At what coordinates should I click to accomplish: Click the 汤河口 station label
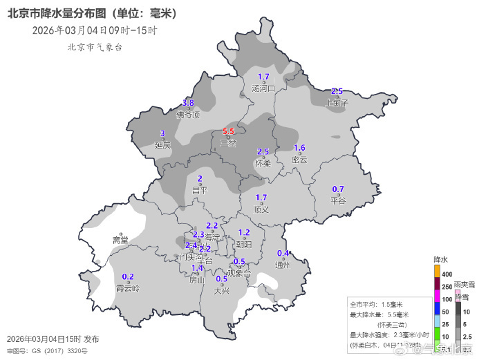click(x=263, y=88)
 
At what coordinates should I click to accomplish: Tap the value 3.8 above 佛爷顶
click(x=188, y=103)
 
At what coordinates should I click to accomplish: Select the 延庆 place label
click(x=162, y=145)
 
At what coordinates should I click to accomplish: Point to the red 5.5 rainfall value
click(x=228, y=131)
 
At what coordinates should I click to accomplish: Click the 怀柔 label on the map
click(x=263, y=163)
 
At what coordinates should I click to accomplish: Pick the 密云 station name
click(x=299, y=160)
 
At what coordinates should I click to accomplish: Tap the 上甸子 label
click(x=337, y=102)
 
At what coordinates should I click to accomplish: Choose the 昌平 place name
click(x=200, y=190)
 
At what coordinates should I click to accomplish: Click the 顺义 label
click(x=261, y=209)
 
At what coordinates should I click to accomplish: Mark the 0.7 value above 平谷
click(x=338, y=189)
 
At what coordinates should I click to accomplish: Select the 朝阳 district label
click(x=244, y=244)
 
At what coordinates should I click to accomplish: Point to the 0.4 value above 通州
click(x=283, y=253)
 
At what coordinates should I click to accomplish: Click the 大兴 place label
click(x=222, y=290)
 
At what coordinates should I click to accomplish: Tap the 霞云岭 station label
click(x=128, y=287)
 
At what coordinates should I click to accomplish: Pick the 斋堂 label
click(x=120, y=240)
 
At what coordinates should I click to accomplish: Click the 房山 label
click(x=197, y=280)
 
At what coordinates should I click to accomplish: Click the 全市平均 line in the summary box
click(x=376, y=304)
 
